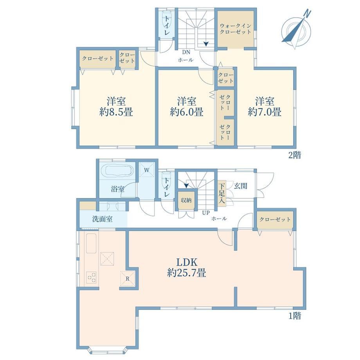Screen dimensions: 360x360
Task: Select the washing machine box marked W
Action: (147, 170)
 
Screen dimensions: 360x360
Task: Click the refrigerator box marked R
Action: (128, 278)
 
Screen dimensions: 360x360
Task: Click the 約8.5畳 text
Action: (116, 112)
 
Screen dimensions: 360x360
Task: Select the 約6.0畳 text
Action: (187, 112)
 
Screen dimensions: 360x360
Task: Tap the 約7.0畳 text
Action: (265, 112)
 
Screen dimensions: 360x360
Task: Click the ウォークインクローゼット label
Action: (236, 29)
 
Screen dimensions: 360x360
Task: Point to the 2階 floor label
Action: (295, 155)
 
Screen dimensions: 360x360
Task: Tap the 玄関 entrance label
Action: (240, 186)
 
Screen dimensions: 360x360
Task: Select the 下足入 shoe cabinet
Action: (221, 193)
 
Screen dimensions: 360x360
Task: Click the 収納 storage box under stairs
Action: (186, 200)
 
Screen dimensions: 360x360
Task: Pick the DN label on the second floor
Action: (186, 52)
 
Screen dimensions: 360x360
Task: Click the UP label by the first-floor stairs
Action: (206, 213)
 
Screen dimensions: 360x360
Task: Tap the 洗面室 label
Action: (103, 219)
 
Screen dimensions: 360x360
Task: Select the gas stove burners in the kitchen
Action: (92, 277)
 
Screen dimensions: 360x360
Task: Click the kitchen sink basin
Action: (91, 243)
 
